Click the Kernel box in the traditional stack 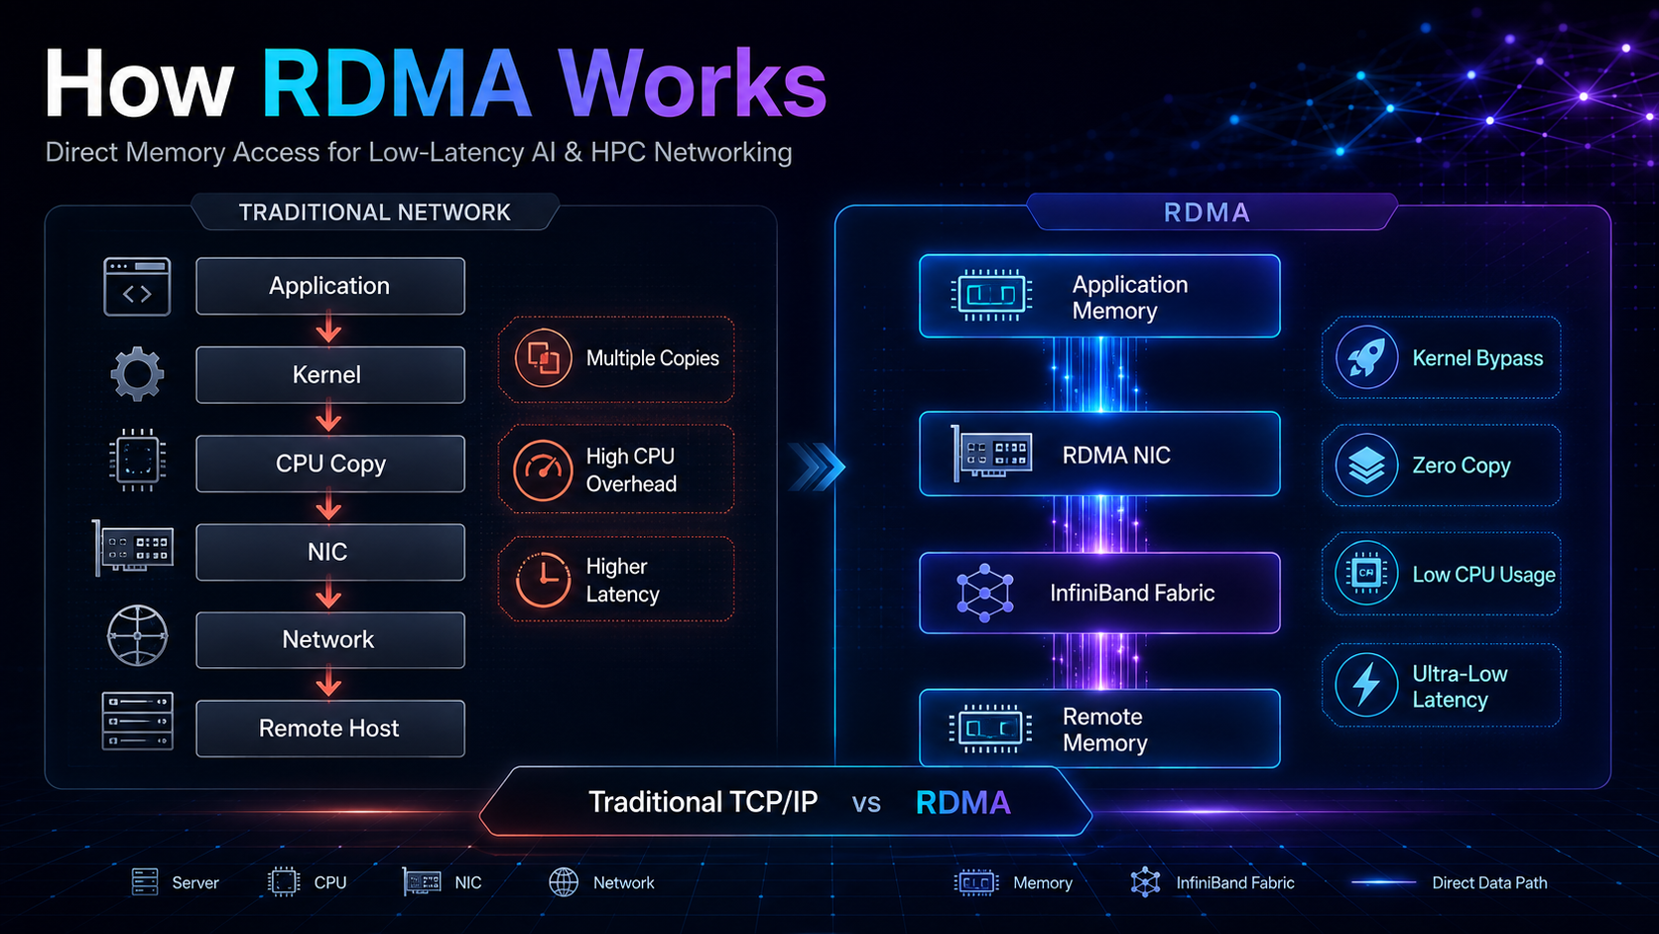click(x=330, y=375)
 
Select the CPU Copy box click(x=330, y=464)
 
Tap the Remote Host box click(x=330, y=729)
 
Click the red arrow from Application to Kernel click(x=328, y=331)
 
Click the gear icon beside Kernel click(x=137, y=374)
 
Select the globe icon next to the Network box click(x=137, y=635)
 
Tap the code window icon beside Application click(x=137, y=287)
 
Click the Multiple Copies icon click(x=544, y=358)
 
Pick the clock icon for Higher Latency click(x=544, y=580)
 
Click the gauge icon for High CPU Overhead click(x=544, y=469)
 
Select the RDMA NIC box click(x=1099, y=454)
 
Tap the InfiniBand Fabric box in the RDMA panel click(x=1099, y=593)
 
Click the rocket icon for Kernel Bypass click(x=1366, y=357)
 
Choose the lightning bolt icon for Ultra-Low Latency click(x=1366, y=685)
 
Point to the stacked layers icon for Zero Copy click(x=1366, y=466)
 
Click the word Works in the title click(x=692, y=83)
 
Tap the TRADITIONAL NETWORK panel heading click(x=375, y=212)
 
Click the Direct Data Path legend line click(x=1383, y=883)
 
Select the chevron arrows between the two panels click(x=817, y=467)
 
